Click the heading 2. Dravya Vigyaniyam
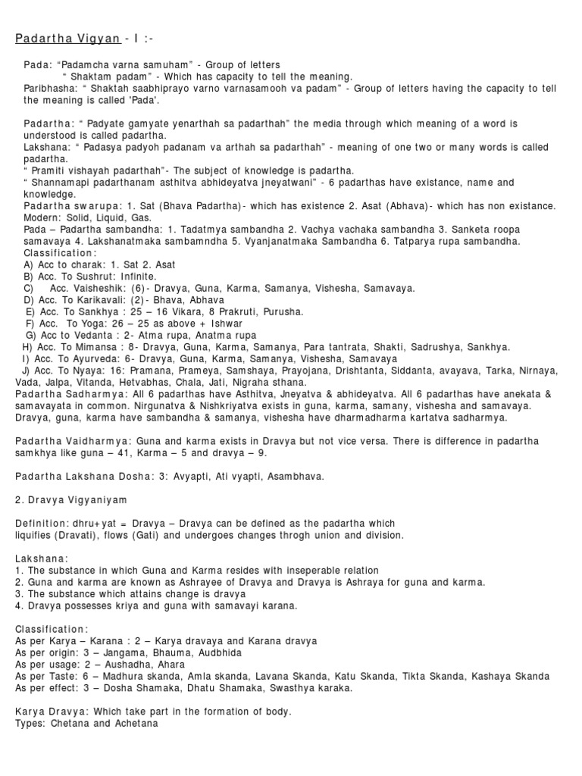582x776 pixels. click(71, 500)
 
